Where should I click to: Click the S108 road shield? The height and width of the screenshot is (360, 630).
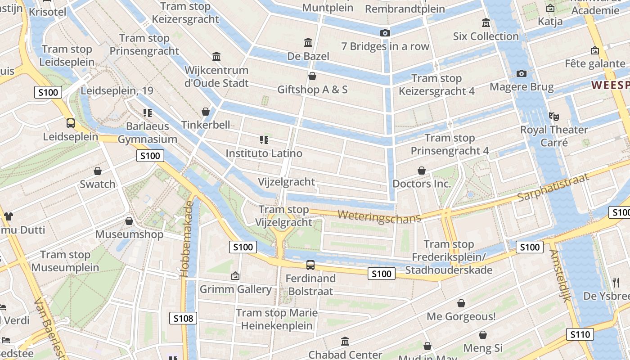click(184, 319)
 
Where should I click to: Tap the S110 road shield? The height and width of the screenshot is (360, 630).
click(580, 334)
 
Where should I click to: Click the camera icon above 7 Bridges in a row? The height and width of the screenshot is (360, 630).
click(385, 33)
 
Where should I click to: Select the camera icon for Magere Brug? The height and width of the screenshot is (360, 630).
click(521, 73)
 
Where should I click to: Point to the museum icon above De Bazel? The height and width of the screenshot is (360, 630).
click(309, 43)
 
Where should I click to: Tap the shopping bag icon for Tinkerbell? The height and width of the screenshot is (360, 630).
click(206, 111)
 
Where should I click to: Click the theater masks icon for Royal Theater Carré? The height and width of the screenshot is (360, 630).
click(554, 116)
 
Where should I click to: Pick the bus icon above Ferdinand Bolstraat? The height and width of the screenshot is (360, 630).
click(310, 265)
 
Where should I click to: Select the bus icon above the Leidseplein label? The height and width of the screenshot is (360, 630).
click(71, 123)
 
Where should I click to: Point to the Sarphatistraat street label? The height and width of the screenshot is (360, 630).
click(553, 187)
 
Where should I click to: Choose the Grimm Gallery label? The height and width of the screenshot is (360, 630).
click(235, 289)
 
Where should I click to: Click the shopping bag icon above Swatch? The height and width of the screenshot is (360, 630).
click(98, 171)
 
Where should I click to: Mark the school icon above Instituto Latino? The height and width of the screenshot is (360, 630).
click(264, 140)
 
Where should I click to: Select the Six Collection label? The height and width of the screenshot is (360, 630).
click(486, 36)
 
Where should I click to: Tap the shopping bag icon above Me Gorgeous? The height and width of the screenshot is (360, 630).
click(461, 303)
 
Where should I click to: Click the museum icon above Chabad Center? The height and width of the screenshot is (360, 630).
click(345, 342)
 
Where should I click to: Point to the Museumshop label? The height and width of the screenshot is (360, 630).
click(129, 234)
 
